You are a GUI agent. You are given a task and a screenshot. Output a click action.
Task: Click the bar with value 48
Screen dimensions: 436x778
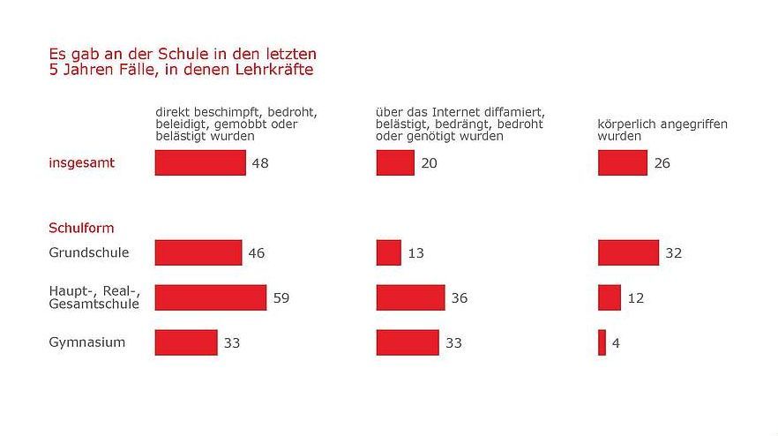(200, 162)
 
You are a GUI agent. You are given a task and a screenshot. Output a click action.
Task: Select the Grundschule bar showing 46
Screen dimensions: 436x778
(198, 252)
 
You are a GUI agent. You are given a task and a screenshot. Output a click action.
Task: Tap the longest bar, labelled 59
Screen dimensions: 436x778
(211, 297)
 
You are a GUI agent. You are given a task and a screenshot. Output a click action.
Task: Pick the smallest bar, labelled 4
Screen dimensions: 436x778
(602, 342)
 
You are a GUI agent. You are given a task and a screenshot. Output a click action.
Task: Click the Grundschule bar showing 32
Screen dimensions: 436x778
(628, 252)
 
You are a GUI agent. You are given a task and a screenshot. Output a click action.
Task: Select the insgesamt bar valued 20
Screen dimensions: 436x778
(395, 162)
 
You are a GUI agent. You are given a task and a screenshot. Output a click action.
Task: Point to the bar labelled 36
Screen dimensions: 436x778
(410, 297)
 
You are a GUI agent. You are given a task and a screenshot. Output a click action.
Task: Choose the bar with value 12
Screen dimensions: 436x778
(610, 297)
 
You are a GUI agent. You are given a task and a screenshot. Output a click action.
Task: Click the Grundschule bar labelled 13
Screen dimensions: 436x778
(389, 252)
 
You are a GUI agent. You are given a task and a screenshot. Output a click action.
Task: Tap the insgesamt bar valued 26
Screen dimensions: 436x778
(623, 162)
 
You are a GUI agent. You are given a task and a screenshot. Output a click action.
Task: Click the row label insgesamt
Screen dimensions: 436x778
(81, 162)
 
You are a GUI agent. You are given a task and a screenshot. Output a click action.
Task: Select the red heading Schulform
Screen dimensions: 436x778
(81, 228)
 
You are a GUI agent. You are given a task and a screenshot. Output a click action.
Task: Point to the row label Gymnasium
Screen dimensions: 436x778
(86, 342)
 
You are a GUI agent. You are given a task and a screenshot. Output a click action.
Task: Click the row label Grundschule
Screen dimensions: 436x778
(88, 252)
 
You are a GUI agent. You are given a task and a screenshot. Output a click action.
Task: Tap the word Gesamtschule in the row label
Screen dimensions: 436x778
(94, 304)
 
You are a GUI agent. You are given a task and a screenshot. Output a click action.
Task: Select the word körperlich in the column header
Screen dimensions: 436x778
(625, 124)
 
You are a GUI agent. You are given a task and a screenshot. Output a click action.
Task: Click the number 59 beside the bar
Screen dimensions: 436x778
(281, 298)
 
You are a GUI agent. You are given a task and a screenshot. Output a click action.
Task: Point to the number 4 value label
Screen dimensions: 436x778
(615, 343)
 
